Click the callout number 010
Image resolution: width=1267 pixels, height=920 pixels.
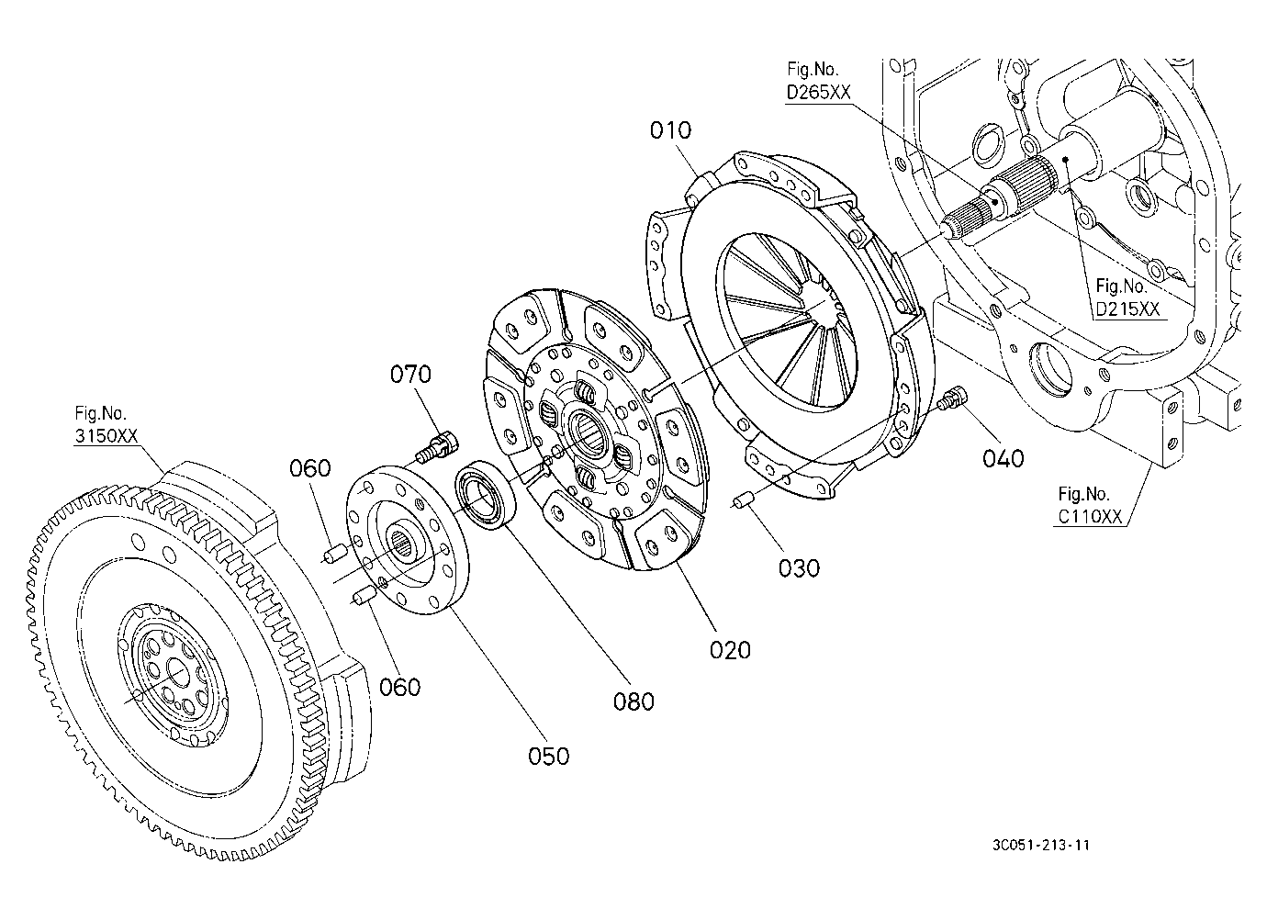(x=670, y=130)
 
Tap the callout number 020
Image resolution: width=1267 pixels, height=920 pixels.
(x=730, y=651)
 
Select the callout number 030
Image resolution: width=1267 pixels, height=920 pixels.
(x=799, y=568)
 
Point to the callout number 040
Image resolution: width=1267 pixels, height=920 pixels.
(x=1004, y=459)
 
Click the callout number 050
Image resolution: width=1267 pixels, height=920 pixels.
(x=549, y=757)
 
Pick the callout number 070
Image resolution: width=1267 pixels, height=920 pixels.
(x=410, y=374)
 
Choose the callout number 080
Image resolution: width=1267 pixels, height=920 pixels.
(x=633, y=702)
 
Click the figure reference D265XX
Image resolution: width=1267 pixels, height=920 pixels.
(x=818, y=92)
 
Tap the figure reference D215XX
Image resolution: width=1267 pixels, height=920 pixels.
(x=1127, y=309)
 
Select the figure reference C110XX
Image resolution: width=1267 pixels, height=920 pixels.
(x=1090, y=517)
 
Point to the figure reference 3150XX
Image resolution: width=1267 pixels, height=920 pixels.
(x=107, y=436)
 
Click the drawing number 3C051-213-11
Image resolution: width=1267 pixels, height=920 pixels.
(x=1041, y=846)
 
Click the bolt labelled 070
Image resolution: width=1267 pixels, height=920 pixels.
(x=438, y=446)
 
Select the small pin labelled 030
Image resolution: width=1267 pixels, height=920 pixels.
(x=743, y=501)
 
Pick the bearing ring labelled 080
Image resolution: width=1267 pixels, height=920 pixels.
(x=486, y=495)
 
